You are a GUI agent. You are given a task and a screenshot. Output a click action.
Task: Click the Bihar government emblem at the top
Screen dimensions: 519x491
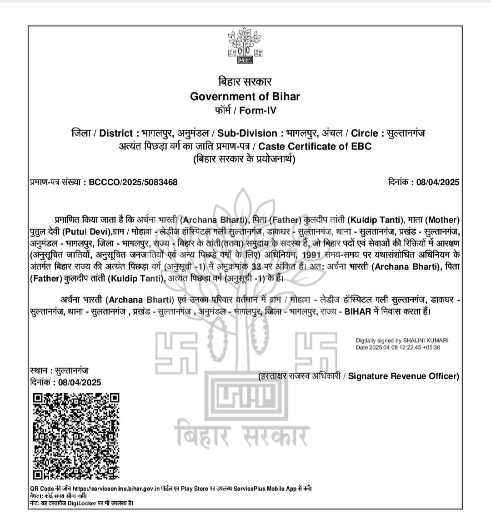[x=245, y=46]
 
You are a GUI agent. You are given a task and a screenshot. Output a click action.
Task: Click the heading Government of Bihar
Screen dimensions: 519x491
[x=245, y=96]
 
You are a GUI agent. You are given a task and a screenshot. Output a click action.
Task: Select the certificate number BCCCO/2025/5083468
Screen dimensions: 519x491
[x=133, y=182]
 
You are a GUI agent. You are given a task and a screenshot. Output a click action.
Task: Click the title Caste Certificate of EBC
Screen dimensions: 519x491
[x=315, y=146]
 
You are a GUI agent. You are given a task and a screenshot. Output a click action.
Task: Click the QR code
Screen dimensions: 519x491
[x=76, y=436]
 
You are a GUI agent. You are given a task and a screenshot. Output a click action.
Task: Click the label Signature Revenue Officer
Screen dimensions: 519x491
[x=403, y=376]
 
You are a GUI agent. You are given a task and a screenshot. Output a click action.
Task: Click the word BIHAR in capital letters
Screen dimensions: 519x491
[x=358, y=312]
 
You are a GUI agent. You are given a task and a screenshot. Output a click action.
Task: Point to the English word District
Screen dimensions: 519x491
[x=116, y=133]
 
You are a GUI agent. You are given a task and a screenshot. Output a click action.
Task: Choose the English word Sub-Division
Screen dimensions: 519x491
[x=247, y=133]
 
